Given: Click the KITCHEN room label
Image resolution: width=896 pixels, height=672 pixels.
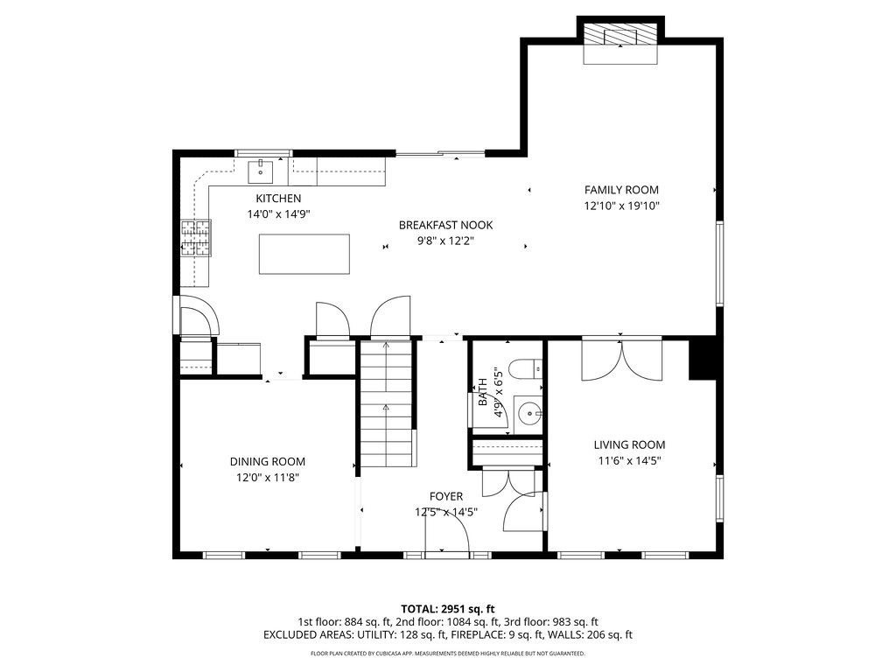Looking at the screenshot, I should [278, 199].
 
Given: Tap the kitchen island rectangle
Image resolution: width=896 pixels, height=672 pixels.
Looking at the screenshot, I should [304, 255].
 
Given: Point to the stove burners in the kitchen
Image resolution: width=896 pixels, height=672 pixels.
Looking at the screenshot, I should [196, 238].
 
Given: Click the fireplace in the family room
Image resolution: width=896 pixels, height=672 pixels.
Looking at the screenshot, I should [621, 39].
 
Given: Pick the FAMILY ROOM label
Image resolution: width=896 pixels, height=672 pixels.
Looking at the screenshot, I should [621, 190].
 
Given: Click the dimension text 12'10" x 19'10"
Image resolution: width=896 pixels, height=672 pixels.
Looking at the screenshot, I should [621, 206].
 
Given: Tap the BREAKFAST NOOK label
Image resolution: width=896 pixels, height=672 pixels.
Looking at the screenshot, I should [445, 225].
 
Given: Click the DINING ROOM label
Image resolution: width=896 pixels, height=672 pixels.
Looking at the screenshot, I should [268, 462].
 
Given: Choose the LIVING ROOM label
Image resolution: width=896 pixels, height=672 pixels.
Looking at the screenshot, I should [632, 444].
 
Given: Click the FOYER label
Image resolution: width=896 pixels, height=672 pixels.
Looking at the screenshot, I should [445, 496].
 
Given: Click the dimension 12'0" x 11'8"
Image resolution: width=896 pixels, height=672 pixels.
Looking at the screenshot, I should [268, 478].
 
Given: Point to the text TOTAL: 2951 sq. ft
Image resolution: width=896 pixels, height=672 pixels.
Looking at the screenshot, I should [448, 608].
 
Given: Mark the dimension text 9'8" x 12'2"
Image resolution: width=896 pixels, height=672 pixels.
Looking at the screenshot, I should [445, 241].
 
